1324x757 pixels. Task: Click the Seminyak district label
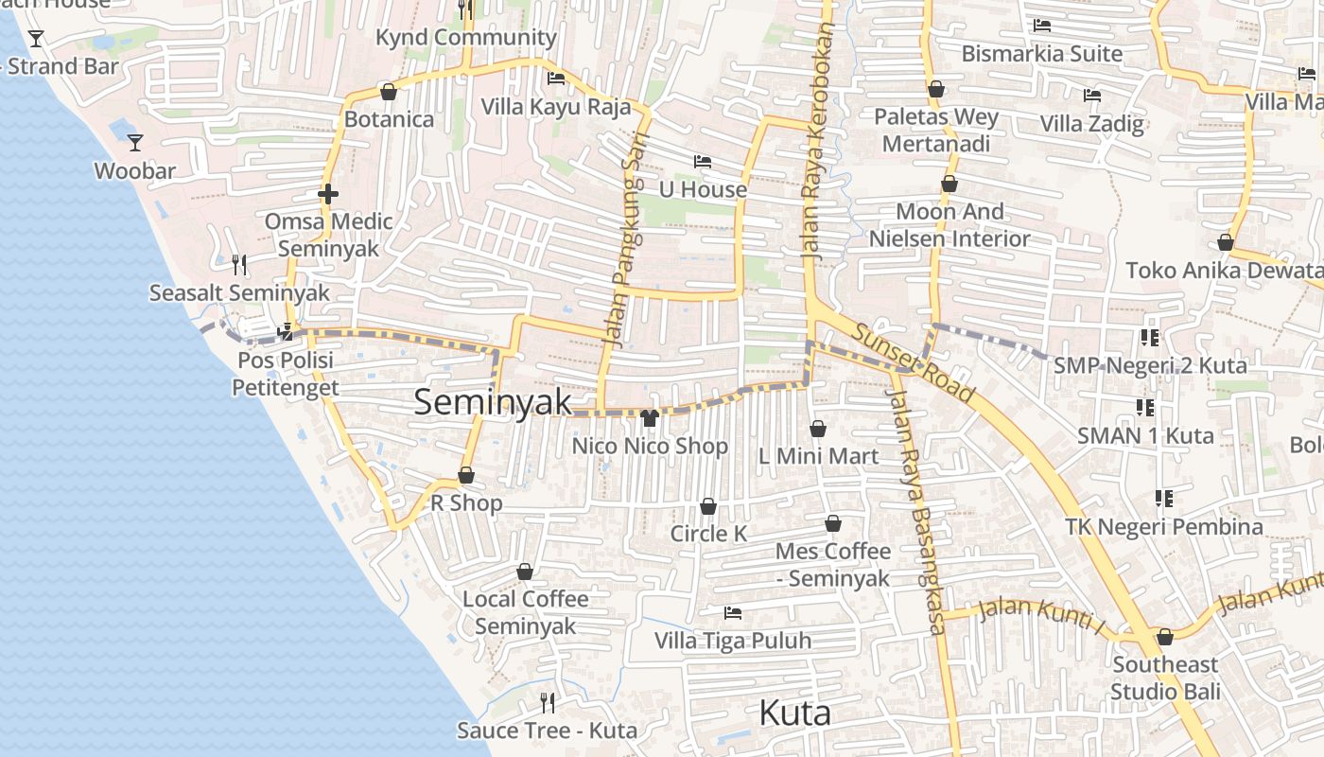tap(493, 401)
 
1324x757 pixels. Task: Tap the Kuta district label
tap(794, 713)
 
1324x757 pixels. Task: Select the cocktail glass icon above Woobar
tap(135, 143)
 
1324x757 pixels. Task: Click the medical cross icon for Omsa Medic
tap(328, 194)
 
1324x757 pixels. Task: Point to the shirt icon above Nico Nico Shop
tap(649, 417)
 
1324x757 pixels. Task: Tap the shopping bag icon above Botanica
tap(388, 92)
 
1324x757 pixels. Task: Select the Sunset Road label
tap(913, 362)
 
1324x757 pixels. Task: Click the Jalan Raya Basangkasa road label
tap(915, 511)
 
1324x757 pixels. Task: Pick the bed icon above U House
tap(702, 162)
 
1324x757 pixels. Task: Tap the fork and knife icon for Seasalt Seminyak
tap(239, 265)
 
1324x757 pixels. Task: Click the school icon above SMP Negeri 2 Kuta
tap(1150, 337)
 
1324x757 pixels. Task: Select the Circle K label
tap(708, 534)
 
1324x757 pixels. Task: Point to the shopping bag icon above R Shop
tap(465, 475)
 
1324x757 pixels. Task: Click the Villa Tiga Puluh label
tap(733, 641)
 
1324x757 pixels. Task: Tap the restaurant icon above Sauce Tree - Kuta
tap(547, 702)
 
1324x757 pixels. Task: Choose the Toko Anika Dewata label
tap(1223, 271)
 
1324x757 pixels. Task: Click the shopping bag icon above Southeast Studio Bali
tap(1164, 637)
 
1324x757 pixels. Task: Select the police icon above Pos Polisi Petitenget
tap(286, 332)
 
